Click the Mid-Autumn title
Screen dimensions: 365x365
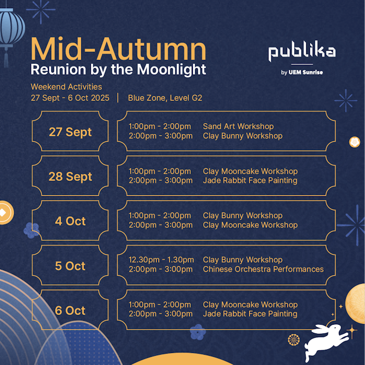coord(118,49)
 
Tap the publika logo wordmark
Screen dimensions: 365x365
coord(302,53)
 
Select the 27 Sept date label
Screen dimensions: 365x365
coord(70,132)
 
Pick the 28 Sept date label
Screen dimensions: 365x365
coord(70,177)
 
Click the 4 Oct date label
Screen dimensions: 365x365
coord(70,221)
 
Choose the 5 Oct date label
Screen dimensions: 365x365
coord(70,266)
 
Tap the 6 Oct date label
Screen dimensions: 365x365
coord(70,311)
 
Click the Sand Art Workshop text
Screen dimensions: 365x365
coord(238,126)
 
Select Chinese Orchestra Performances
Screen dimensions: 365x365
coord(263,269)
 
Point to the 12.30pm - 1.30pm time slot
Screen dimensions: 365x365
coord(161,260)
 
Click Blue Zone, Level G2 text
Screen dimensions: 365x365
coord(165,98)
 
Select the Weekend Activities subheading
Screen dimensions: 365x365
coord(66,87)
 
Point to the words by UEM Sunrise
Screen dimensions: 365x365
coord(302,72)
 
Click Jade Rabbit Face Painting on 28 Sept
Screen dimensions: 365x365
coord(250,180)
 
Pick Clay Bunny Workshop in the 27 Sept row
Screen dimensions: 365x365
coord(242,136)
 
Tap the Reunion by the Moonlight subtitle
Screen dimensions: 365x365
coord(118,70)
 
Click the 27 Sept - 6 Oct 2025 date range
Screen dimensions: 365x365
coord(70,98)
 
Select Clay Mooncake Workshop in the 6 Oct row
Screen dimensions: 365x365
coord(250,305)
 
